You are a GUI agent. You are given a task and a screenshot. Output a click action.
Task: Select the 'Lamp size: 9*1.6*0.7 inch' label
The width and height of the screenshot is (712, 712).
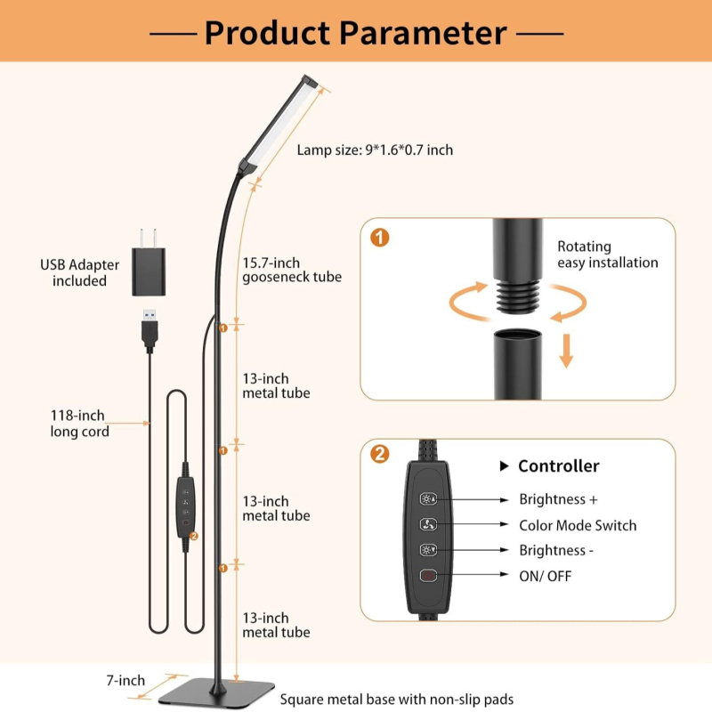tap(375, 150)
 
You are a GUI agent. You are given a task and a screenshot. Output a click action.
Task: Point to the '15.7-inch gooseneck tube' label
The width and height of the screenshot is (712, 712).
tap(292, 270)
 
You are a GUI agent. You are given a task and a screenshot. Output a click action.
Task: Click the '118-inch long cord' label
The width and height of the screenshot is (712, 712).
tap(79, 424)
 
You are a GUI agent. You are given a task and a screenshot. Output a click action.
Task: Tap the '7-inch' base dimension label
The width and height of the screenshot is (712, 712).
tap(125, 680)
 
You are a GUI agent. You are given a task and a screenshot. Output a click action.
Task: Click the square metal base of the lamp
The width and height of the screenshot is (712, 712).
tap(216, 692)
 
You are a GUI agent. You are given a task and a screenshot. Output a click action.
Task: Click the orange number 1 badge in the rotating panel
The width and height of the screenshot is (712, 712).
tap(380, 238)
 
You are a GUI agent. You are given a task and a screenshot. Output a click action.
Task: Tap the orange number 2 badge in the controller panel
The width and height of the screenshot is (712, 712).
tap(380, 454)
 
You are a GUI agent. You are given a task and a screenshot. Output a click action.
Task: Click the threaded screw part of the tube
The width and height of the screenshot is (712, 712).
tap(518, 296)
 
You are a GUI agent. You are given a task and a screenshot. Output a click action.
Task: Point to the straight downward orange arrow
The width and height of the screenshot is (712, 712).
tap(566, 351)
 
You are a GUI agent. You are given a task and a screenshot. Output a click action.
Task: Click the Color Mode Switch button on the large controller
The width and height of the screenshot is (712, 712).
tap(428, 524)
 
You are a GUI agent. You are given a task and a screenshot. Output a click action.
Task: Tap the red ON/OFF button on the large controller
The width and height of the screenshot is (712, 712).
tap(428, 576)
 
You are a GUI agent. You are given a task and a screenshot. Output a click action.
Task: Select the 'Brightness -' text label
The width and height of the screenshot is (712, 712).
tap(556, 550)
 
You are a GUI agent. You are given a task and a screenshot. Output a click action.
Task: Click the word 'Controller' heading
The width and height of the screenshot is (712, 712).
tap(559, 465)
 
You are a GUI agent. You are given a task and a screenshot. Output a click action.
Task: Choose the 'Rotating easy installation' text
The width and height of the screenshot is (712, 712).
tap(607, 255)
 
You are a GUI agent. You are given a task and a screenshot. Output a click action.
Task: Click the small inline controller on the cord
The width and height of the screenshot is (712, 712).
tap(186, 506)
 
